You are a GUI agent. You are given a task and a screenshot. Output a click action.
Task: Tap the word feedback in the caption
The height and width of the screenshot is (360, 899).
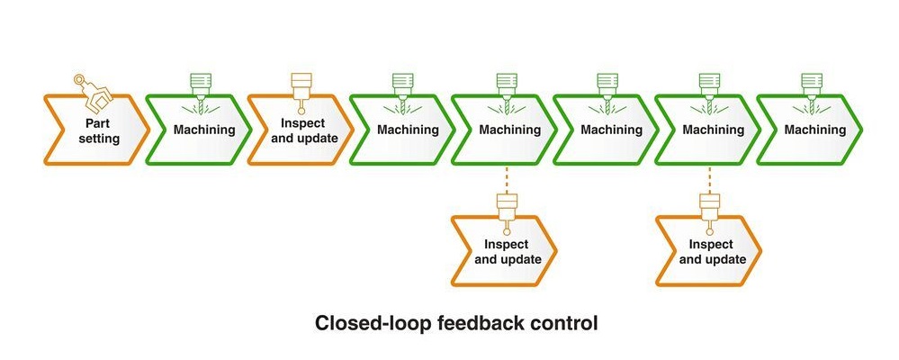[x=484, y=322]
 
